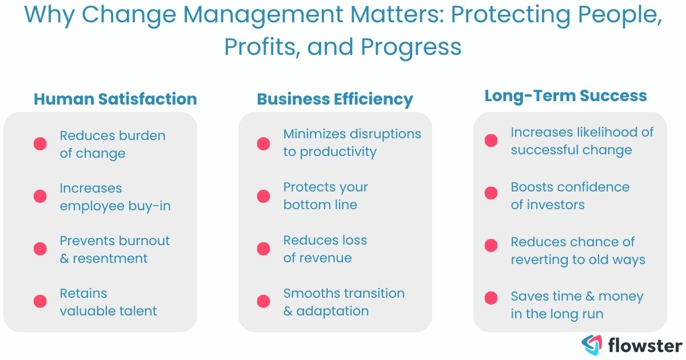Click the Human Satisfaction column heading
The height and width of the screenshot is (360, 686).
pos(115,99)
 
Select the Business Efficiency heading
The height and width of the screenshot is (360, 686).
pos(335,99)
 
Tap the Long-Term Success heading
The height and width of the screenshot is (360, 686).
pos(565,95)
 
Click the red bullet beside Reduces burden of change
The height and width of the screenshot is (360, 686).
pos(40,144)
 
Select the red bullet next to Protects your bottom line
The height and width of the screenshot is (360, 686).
pos(264,196)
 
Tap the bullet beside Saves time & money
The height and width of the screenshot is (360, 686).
pos(491,298)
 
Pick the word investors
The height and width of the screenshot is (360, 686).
pos(556,205)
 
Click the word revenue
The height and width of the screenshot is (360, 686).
pos(324,258)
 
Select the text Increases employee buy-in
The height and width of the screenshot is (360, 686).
pos(115,197)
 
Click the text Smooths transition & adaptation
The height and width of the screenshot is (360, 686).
pos(344,302)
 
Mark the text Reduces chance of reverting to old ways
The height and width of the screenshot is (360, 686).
pos(577,250)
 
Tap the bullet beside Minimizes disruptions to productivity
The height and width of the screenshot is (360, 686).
pos(264,143)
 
